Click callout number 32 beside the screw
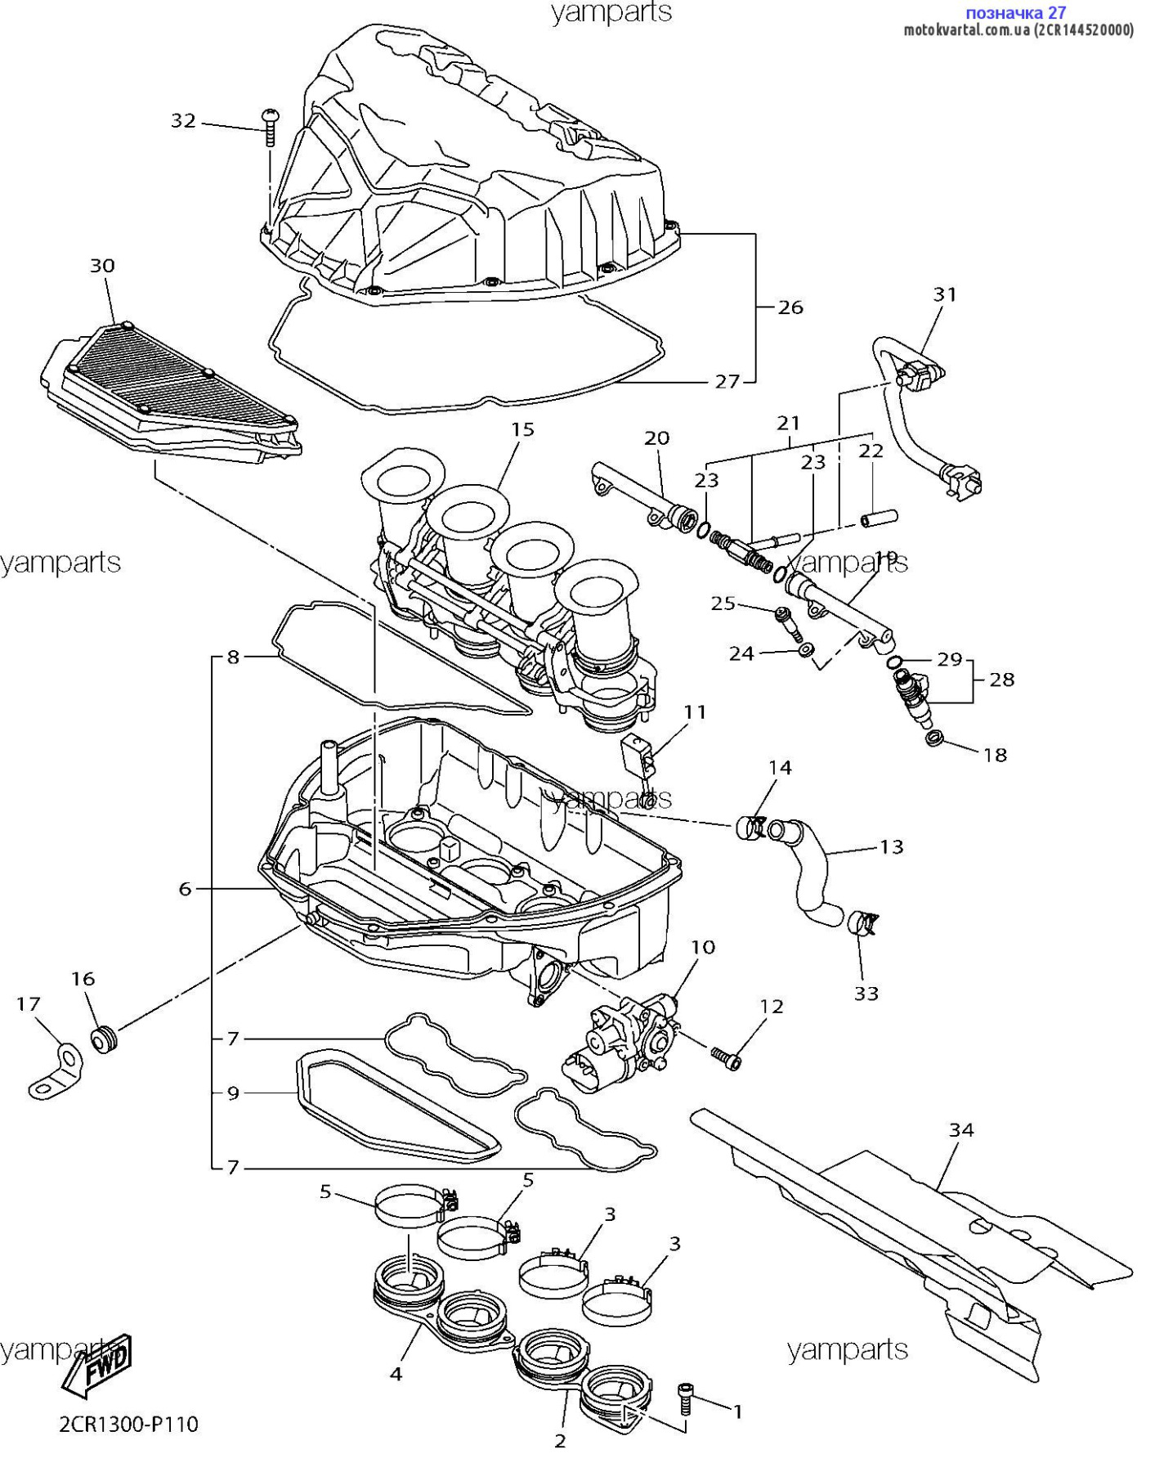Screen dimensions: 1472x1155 pos(183,121)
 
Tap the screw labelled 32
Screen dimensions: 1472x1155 pos(270,126)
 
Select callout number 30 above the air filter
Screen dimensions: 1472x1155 pos(102,266)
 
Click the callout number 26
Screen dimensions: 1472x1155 pos(790,307)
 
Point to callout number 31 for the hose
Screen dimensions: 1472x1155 pos(945,294)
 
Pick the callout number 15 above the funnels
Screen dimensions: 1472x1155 pos(523,429)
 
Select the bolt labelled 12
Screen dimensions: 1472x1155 pos(727,1058)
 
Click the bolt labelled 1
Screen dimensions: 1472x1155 pos(686,1400)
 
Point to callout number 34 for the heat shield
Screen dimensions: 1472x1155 pos(961,1130)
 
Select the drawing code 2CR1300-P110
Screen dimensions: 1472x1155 pos(129,1425)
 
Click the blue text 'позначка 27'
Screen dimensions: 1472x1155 pos(1015,13)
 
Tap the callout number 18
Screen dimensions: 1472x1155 pos(995,755)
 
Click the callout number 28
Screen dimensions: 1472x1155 pos(1002,680)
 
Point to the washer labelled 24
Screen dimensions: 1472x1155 pos(806,650)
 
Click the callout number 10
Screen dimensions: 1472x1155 pos(703,947)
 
